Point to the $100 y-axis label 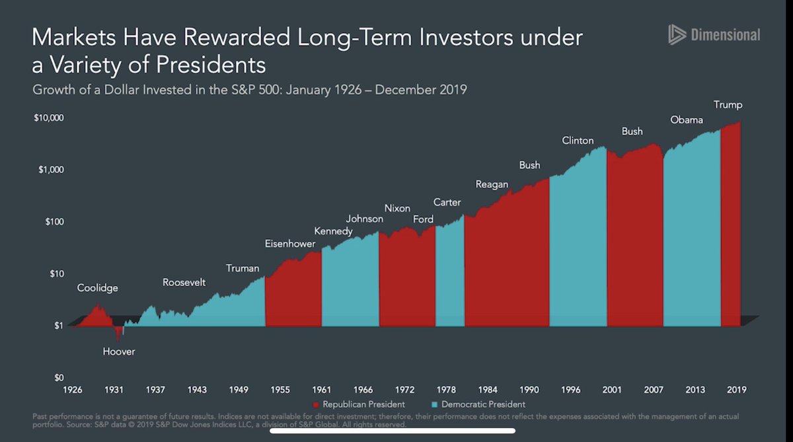coord(53,221)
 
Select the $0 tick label coord(57,378)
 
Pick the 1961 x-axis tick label coord(322,390)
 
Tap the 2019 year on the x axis coord(737,390)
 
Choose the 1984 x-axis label coord(488,390)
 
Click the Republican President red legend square coord(317,404)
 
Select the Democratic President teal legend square coord(434,404)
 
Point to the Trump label coord(728,105)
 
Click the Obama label coord(687,120)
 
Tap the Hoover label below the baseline coord(119,351)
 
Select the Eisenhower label coord(290,243)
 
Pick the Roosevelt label coord(184,283)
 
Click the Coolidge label coord(98,288)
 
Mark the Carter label coord(447,202)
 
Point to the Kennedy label coord(333,231)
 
